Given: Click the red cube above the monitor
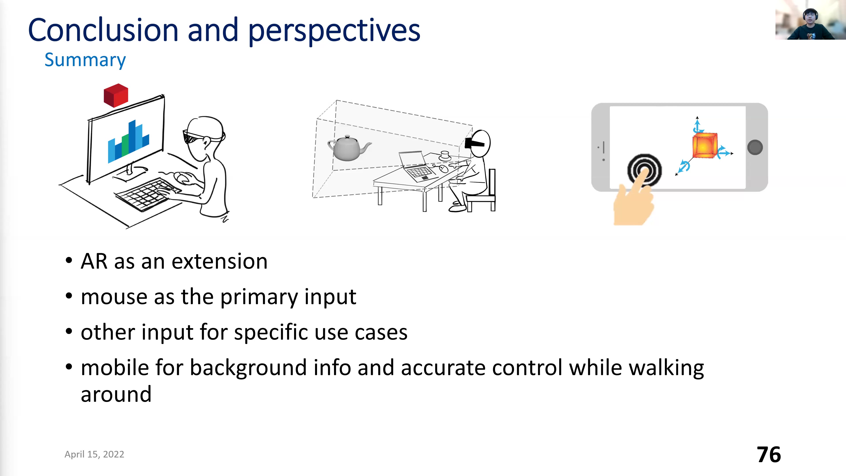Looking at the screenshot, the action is click(116, 95).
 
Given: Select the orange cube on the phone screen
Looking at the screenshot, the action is click(705, 145).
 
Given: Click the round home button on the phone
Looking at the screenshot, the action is click(755, 147).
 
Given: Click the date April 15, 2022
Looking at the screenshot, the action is click(94, 454).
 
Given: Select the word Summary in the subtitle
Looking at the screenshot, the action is click(85, 60).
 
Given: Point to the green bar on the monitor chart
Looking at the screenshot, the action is click(125, 146).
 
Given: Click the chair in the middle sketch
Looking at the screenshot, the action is click(481, 192).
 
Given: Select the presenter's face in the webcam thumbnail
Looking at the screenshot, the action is click(810, 17).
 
